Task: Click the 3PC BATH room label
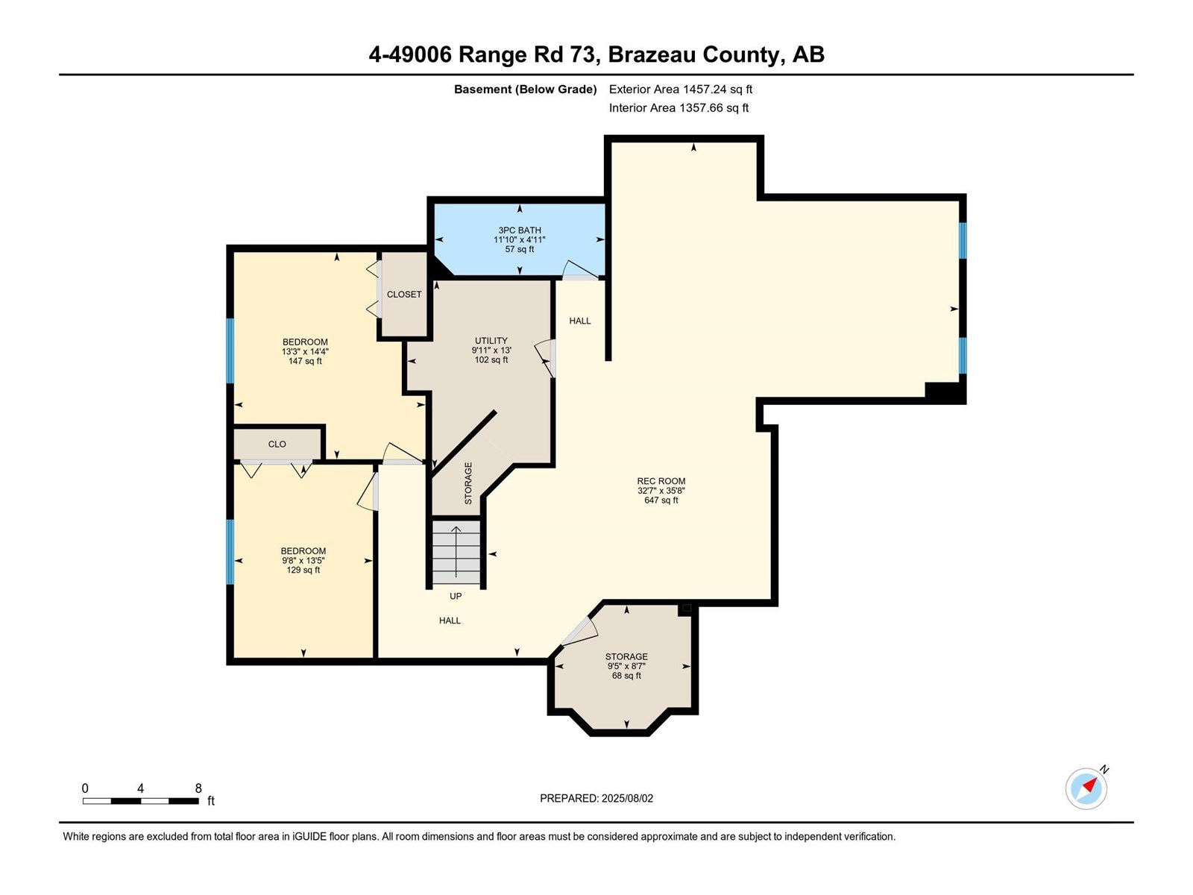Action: click(x=520, y=230)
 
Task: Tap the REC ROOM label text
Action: click(x=661, y=481)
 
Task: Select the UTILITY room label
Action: click(x=491, y=341)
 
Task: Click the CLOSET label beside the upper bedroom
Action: click(x=404, y=295)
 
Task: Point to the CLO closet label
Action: click(x=277, y=444)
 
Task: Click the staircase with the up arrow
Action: click(x=456, y=553)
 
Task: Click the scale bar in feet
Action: click(x=140, y=800)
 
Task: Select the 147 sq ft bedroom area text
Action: click(x=305, y=361)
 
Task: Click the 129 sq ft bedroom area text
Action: click(x=303, y=570)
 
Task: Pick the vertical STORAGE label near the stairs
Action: click(x=468, y=483)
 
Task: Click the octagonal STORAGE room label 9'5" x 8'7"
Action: click(x=626, y=657)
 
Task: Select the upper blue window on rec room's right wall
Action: click(x=963, y=240)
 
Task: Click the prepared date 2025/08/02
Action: click(x=596, y=798)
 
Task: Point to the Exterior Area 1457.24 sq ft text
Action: click(x=680, y=89)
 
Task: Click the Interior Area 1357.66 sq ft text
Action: click(x=679, y=107)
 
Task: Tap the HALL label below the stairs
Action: click(x=450, y=621)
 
